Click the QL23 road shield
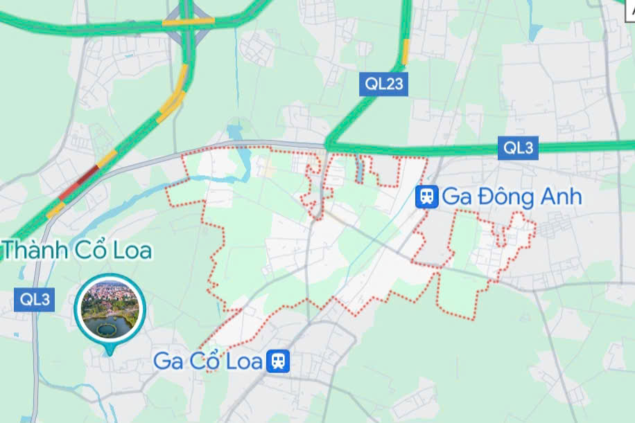point(384,84)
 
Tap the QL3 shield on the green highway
point(519,147)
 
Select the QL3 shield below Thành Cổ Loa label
point(35,300)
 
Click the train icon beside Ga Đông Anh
point(426,197)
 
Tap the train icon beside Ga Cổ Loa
point(279,361)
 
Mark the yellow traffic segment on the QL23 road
point(406,50)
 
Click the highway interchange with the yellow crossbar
point(188,21)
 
